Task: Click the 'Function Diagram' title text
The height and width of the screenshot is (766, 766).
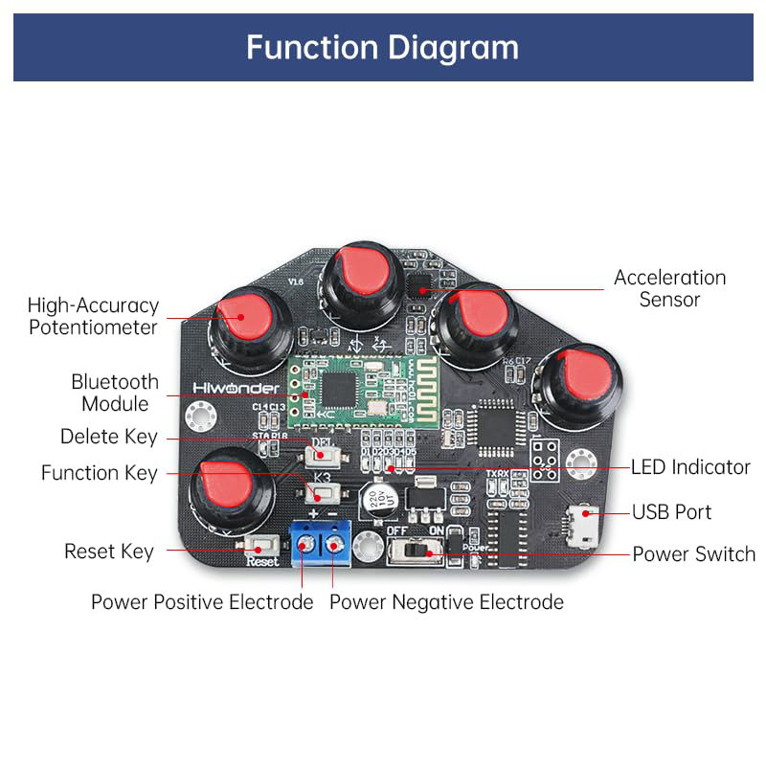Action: tap(382, 47)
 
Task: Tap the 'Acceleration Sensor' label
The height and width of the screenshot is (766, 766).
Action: tap(669, 288)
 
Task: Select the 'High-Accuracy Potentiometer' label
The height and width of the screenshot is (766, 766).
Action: tap(92, 317)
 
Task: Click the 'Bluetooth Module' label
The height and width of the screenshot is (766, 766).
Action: tap(115, 393)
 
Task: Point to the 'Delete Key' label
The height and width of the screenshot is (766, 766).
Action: tap(108, 437)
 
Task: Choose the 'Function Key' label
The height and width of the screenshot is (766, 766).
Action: tap(99, 473)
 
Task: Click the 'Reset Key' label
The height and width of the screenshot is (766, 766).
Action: tap(108, 552)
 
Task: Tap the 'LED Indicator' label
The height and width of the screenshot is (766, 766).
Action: tap(689, 467)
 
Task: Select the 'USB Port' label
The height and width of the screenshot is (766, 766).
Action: tap(671, 512)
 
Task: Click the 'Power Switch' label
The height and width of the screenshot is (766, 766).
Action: tap(693, 554)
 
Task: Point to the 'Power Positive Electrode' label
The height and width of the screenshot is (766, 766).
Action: tap(202, 602)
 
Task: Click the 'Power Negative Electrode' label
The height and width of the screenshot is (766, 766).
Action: tap(446, 602)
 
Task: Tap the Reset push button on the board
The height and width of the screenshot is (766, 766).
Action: tap(259, 546)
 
